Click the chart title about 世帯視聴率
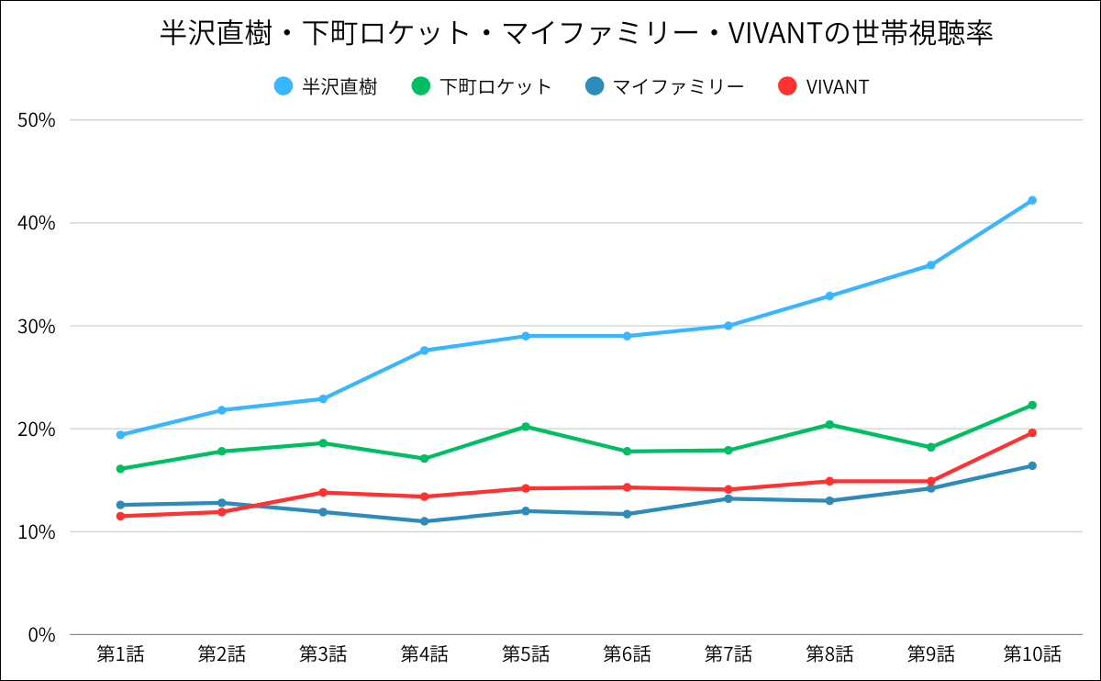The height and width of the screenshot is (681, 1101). [x=577, y=34]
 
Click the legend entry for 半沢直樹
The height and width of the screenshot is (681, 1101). [x=326, y=87]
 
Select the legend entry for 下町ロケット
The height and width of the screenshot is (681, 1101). [x=483, y=87]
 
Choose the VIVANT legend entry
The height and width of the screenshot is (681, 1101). [x=823, y=87]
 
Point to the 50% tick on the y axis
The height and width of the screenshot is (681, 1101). [x=38, y=120]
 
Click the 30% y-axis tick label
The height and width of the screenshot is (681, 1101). [x=38, y=326]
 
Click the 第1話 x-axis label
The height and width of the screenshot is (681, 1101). [x=120, y=654]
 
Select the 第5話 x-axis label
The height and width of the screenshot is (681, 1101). [x=526, y=654]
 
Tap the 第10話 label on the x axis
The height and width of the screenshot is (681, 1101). [x=1032, y=654]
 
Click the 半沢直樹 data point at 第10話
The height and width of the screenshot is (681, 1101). [x=1032, y=200]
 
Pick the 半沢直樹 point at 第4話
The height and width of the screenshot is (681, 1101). [x=424, y=351]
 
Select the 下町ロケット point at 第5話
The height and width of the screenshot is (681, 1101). [x=526, y=427]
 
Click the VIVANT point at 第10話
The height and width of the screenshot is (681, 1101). [x=1032, y=432]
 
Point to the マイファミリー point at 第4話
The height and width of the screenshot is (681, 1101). [x=424, y=521]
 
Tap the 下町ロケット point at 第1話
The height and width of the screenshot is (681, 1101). [x=120, y=469]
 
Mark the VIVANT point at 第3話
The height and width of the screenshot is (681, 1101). [x=323, y=493]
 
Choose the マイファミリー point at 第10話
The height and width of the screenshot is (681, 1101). [x=1032, y=465]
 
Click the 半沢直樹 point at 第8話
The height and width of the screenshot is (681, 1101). [x=829, y=296]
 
